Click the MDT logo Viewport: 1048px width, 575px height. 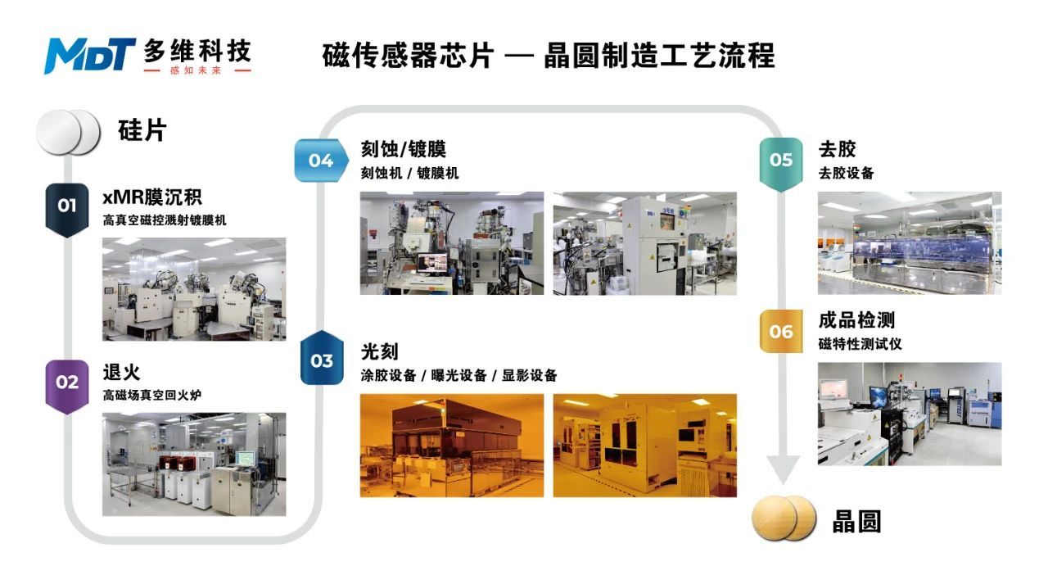point(89,55)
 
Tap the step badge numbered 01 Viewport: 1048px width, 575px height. point(66,206)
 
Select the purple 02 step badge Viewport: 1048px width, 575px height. point(66,383)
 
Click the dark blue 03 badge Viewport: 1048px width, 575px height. point(322,360)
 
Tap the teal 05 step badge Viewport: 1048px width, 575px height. point(781,161)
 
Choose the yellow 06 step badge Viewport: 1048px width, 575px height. point(781,331)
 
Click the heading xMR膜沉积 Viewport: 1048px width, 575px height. point(152,197)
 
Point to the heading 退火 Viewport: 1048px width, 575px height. point(121,372)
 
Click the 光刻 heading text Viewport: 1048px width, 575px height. point(379,351)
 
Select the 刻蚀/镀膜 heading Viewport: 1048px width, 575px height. point(403,150)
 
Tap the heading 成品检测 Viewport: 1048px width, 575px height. point(856,319)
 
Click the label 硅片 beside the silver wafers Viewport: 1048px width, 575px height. point(142,129)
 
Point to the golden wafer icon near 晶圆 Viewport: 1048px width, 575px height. point(784,518)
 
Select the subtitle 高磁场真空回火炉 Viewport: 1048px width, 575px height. point(152,396)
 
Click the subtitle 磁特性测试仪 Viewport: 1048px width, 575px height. point(860,344)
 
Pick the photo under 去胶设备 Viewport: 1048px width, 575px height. point(909,243)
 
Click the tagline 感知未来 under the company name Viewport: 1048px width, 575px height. point(196,70)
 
